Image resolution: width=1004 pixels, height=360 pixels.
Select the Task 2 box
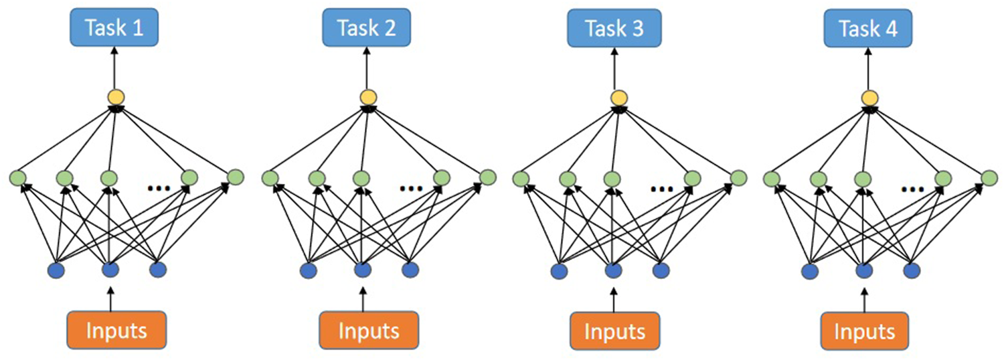coord(366,29)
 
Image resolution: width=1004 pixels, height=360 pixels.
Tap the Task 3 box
coord(614,29)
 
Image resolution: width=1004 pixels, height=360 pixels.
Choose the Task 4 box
coord(869,29)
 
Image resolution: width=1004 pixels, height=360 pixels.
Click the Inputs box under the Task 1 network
coord(116,330)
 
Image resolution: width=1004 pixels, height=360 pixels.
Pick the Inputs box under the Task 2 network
coord(369,331)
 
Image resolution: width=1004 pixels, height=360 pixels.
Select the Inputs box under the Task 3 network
coord(616,331)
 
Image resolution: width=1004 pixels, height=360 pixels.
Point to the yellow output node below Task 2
coord(368,98)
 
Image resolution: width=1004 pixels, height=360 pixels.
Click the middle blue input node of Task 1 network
coord(110,270)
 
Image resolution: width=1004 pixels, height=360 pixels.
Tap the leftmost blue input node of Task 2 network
coord(308,271)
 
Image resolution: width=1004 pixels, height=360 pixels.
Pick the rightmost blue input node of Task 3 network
coord(661,272)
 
